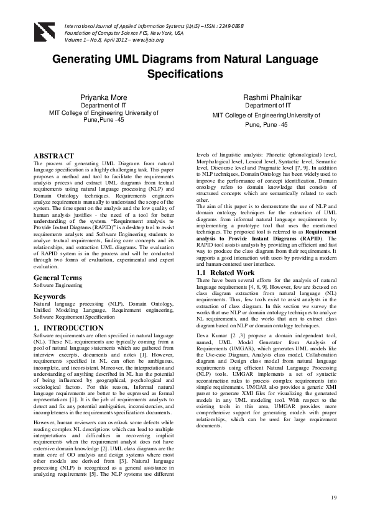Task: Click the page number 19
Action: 333,498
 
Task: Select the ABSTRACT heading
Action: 53,156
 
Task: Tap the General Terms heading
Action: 59,277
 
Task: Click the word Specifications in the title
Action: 185,74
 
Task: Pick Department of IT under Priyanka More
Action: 104,106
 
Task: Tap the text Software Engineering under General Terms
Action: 58,285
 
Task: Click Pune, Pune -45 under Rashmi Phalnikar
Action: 266,124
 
